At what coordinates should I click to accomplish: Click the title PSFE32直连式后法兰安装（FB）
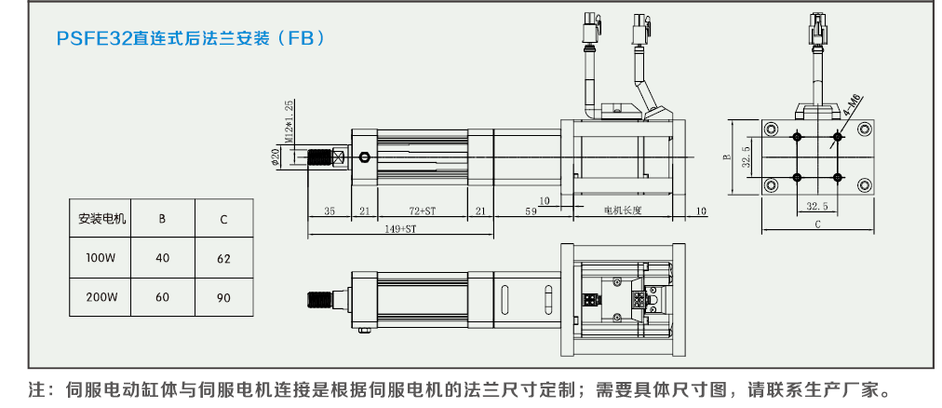[191, 38]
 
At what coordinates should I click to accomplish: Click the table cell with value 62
[223, 258]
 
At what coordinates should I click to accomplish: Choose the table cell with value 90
[223, 297]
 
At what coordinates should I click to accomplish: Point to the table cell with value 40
[163, 258]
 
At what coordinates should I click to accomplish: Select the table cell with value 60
[163, 297]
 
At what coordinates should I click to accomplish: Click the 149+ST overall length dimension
[400, 228]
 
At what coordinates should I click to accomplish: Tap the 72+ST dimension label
[422, 211]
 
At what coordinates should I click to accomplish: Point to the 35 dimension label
[330, 211]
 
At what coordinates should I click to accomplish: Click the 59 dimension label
[530, 211]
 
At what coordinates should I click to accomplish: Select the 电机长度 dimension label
[623, 211]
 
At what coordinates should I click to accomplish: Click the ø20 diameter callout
[276, 157]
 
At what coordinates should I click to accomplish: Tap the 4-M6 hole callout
[851, 104]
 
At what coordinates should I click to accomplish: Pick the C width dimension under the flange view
[816, 224]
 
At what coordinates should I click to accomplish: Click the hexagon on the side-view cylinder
[365, 156]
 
